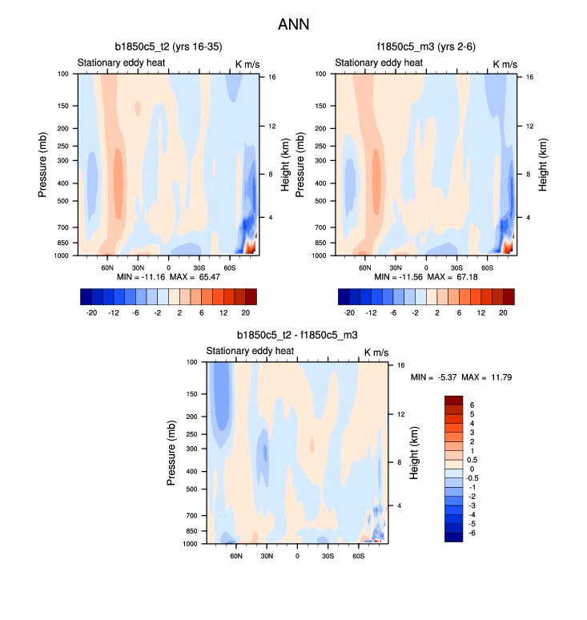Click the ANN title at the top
click(x=293, y=25)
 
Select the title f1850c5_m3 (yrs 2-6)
click(x=425, y=47)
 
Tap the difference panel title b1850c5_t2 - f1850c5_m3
click(x=297, y=336)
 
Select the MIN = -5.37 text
click(x=432, y=376)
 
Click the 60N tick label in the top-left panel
click(x=107, y=267)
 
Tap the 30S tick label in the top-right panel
click(x=456, y=267)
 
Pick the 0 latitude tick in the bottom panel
click(x=297, y=555)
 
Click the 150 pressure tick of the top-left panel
click(x=62, y=106)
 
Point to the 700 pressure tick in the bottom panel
click(x=191, y=515)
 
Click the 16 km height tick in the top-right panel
click(x=530, y=77)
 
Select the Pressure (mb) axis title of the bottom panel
click(x=171, y=453)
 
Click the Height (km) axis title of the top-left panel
click(x=285, y=164)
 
